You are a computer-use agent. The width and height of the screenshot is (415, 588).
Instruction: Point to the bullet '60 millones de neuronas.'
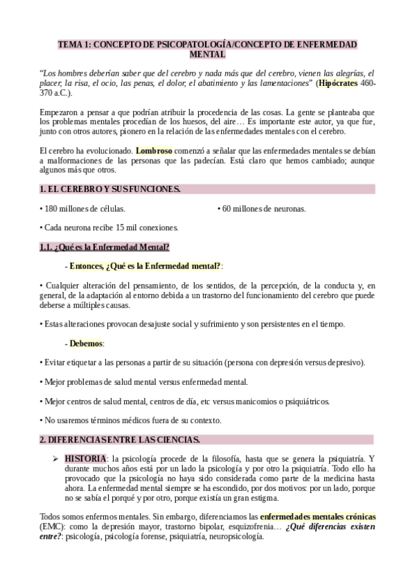point(263,208)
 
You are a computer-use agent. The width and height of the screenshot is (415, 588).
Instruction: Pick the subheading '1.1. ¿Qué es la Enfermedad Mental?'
point(104,247)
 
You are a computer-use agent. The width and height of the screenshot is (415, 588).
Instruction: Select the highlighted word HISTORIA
point(86,459)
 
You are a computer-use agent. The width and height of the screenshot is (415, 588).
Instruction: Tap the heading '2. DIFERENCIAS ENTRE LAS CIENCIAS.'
point(119,440)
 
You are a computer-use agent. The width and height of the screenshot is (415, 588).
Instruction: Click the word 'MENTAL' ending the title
point(207,54)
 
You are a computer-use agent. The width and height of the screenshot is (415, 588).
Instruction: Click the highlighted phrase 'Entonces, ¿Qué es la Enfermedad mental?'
point(145,266)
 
